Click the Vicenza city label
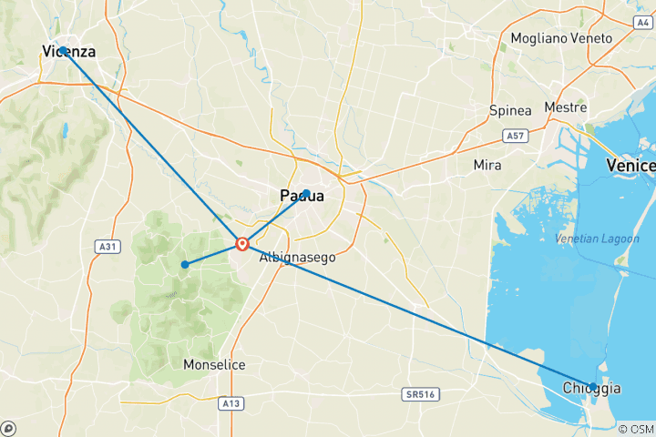point(69,52)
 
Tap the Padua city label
point(302,196)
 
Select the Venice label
point(631,166)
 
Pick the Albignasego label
point(297,258)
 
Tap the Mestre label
point(565,107)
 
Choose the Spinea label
point(510,110)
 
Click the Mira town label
point(487,165)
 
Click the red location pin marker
point(242,243)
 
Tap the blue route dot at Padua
point(307,193)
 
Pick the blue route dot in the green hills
point(185,265)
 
